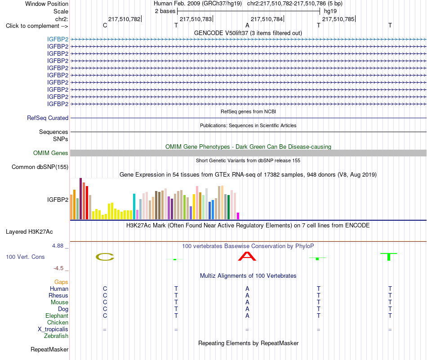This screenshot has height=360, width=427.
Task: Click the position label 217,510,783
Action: tap(196, 19)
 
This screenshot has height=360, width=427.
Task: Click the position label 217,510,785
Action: tap(338, 19)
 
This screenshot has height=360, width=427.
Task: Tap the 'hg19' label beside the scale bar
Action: tap(330, 11)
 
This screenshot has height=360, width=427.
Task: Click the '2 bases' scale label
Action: tap(165, 11)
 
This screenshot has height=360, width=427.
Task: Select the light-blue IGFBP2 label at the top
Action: tap(58, 40)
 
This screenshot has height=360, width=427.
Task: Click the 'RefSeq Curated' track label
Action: tap(48, 118)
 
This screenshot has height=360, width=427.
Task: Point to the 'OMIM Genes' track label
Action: tap(51, 153)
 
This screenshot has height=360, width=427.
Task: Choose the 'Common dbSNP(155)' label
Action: tap(40, 167)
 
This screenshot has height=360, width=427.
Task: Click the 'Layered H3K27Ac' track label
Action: tap(29, 232)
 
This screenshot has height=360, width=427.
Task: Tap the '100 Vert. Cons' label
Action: tap(25, 257)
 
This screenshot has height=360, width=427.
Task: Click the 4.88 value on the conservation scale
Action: tap(58, 246)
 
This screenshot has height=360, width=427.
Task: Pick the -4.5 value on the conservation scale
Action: tap(58, 268)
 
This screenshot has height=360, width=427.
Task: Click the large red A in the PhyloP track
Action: tap(247, 256)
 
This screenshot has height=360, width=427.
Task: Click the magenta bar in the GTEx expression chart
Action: tap(238, 216)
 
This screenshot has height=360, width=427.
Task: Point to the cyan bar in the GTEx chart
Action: tap(134, 206)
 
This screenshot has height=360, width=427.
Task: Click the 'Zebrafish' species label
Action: tap(56, 336)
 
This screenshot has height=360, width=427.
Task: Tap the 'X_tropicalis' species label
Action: tap(53, 329)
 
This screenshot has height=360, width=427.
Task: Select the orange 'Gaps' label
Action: tap(61, 282)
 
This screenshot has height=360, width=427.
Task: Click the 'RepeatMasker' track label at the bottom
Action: tap(49, 349)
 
